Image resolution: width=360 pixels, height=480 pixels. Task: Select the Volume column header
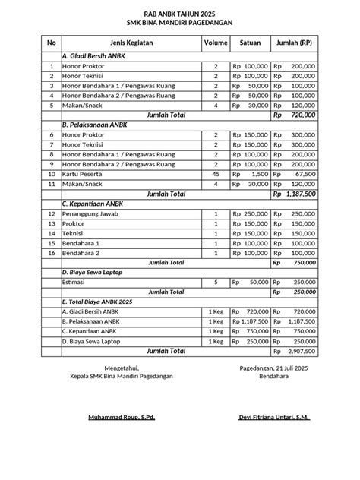coord(215,43)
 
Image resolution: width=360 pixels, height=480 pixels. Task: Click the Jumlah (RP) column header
coord(295,43)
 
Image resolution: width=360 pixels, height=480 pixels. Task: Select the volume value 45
coord(216,174)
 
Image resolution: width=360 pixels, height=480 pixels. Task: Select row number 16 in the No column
coord(51,252)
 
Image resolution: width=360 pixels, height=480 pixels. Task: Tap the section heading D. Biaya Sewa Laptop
coord(92,271)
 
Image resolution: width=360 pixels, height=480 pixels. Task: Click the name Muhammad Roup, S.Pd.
coord(122,418)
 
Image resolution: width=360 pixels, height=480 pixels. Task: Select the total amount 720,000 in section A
coord(303,115)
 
